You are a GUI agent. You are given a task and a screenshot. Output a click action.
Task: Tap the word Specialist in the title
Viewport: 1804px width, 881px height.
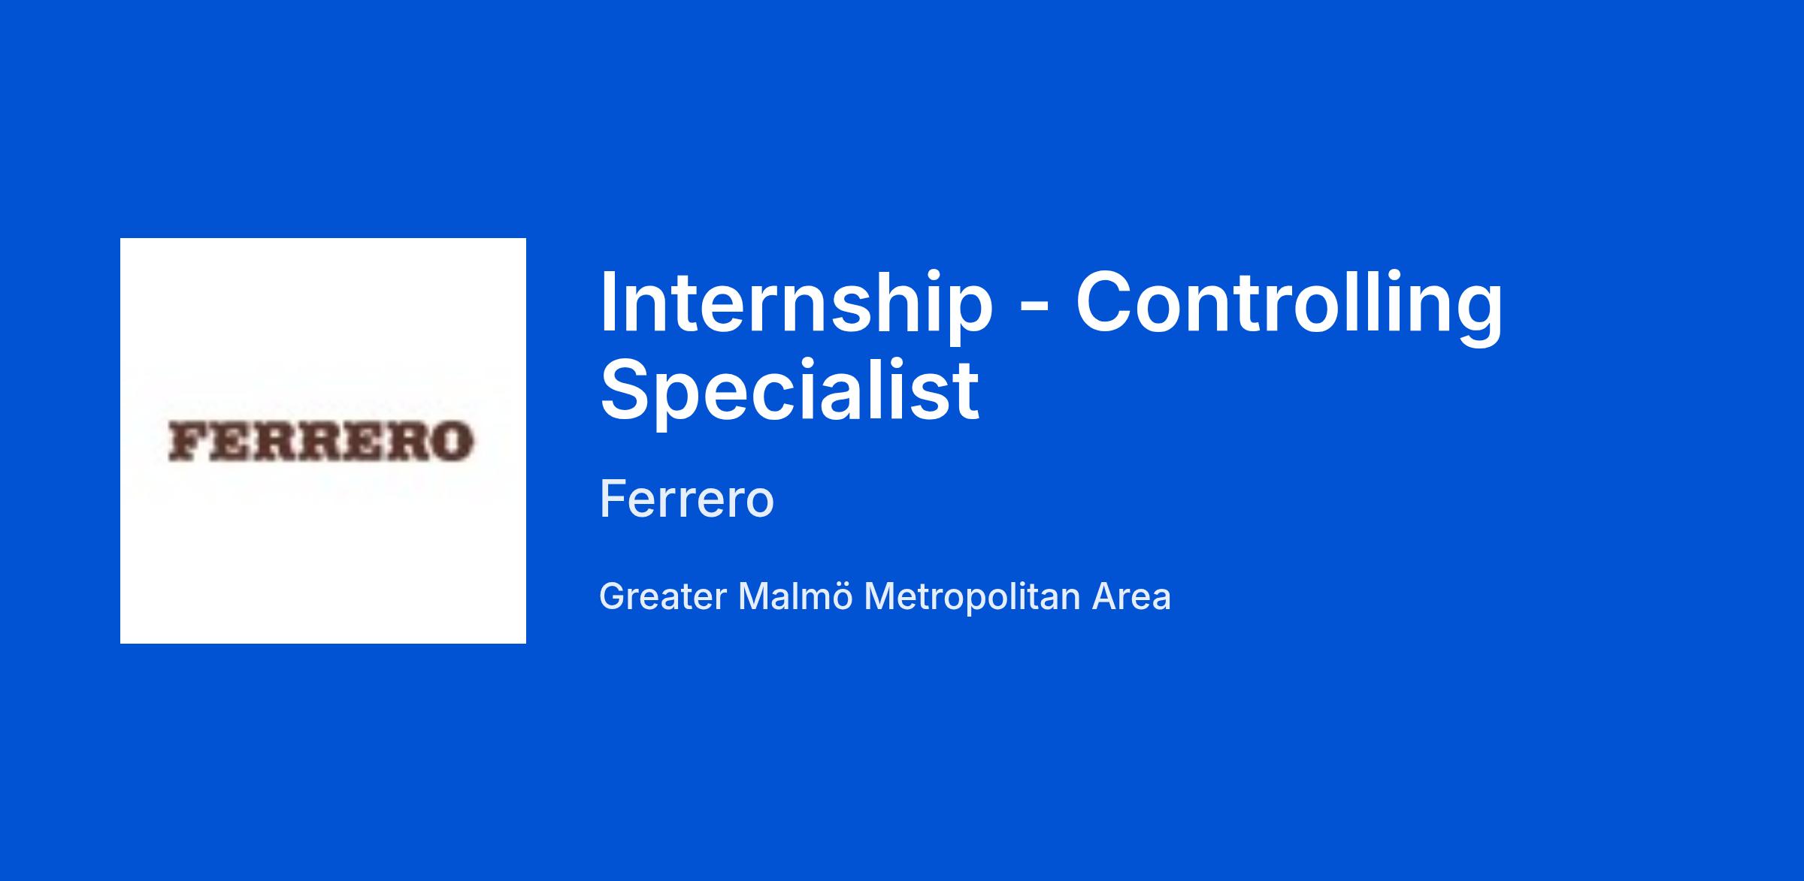pyautogui.click(x=789, y=388)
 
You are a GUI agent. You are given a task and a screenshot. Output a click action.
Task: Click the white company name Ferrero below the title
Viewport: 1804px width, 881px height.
pyautogui.click(x=686, y=499)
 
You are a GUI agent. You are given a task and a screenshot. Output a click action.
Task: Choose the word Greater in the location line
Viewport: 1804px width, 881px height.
pyautogui.click(x=663, y=597)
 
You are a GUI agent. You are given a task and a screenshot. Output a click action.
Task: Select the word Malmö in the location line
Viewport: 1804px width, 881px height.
pyautogui.click(x=795, y=596)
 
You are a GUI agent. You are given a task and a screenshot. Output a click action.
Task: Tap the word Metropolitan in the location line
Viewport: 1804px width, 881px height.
pyautogui.click(x=973, y=598)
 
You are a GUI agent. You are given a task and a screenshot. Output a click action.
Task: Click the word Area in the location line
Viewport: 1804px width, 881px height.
pyautogui.click(x=1131, y=597)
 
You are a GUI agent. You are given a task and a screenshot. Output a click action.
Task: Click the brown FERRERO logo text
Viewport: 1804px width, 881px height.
pyautogui.click(x=321, y=441)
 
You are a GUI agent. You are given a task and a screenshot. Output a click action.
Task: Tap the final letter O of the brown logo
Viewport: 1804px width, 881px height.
pyautogui.click(x=453, y=441)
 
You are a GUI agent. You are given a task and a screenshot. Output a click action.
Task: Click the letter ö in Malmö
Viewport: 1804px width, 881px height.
pyautogui.click(x=841, y=598)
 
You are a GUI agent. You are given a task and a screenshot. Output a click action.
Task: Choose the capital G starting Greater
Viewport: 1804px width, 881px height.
pyautogui.click(x=613, y=597)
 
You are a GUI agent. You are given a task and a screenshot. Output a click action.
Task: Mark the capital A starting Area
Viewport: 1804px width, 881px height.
pyautogui.click(x=1106, y=597)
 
